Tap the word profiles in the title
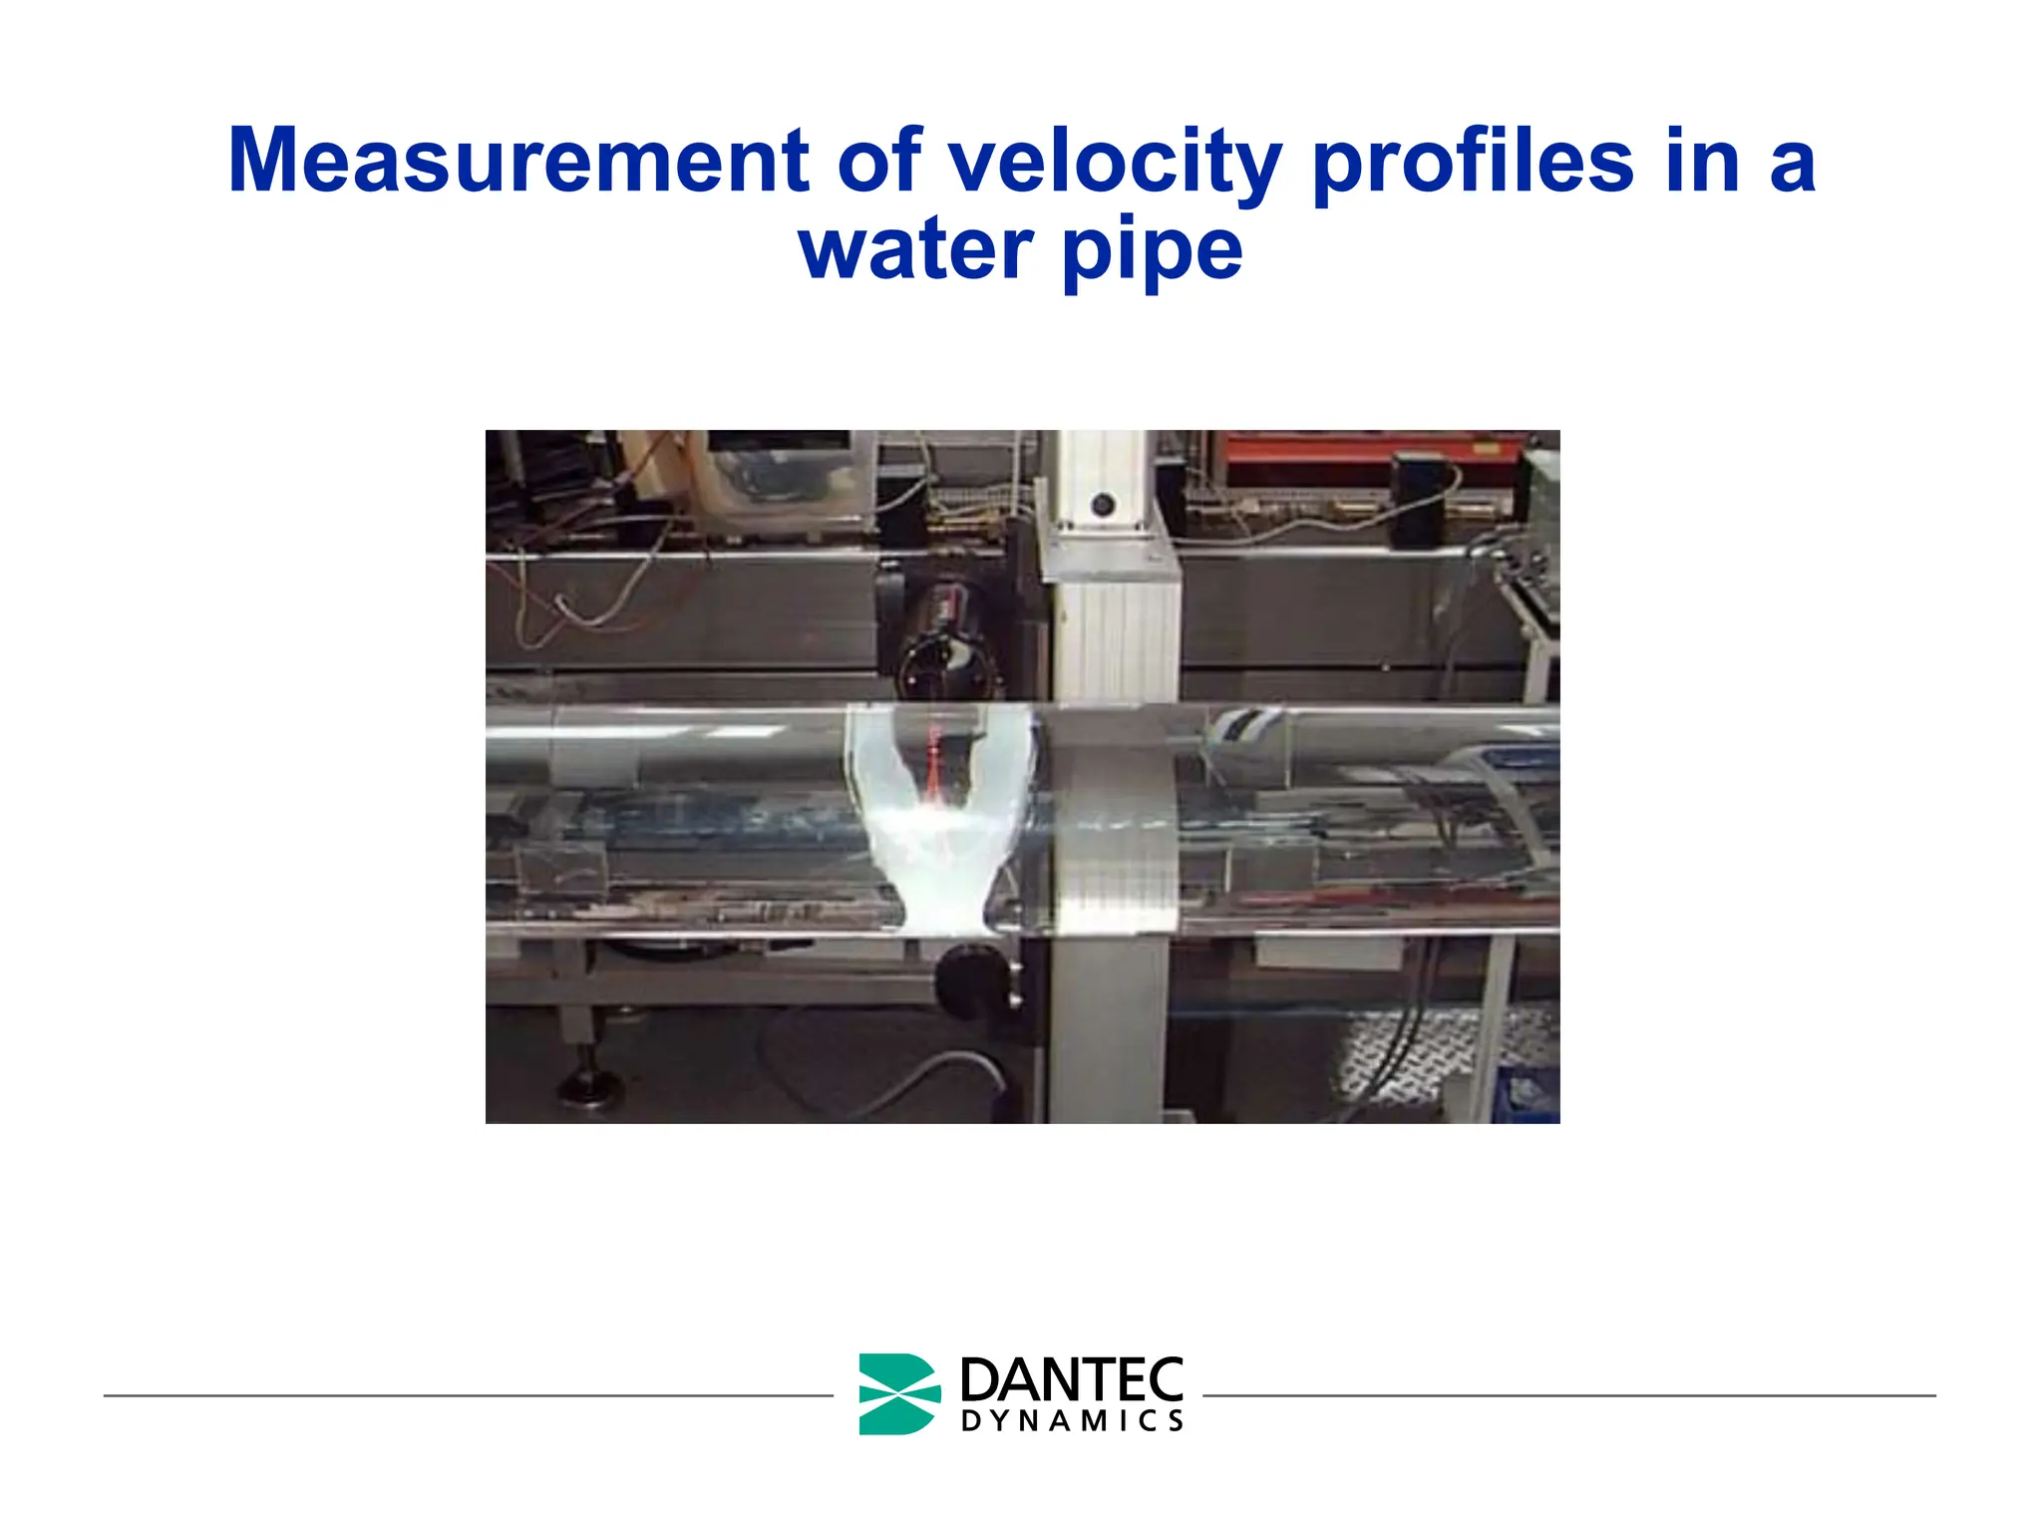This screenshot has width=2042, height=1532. pos(1474,162)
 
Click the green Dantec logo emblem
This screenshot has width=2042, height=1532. pos(897,1393)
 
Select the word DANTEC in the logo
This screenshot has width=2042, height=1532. pos(1071,1380)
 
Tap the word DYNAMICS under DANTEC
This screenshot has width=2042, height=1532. pos(1071,1421)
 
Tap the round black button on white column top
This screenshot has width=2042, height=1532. pos(1102,505)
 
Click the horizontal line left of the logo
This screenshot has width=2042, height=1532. pos(469,1395)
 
